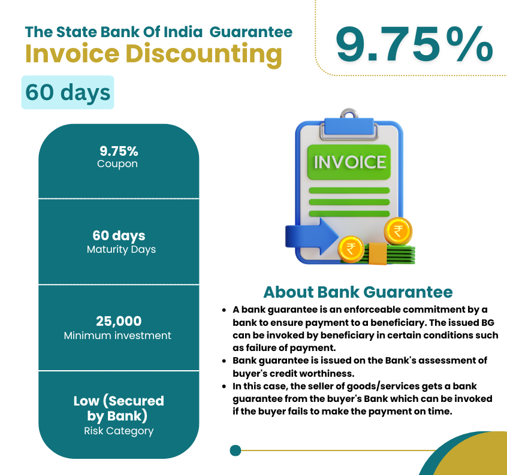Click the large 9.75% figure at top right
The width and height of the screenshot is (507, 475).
(x=414, y=44)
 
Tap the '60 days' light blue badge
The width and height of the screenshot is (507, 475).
(x=68, y=92)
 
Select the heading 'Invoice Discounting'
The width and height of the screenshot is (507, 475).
(x=153, y=54)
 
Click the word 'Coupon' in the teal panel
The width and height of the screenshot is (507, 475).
(x=117, y=164)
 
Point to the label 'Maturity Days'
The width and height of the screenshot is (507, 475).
(x=121, y=249)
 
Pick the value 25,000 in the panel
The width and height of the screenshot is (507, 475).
(x=119, y=321)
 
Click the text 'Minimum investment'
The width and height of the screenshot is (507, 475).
(x=117, y=335)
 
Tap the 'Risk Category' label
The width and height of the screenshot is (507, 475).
(x=119, y=431)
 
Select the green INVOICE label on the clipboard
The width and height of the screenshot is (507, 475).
(x=349, y=162)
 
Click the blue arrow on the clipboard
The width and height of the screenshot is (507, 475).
(x=312, y=237)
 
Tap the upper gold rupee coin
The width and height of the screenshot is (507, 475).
(x=398, y=231)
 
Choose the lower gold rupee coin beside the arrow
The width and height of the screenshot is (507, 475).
(x=351, y=249)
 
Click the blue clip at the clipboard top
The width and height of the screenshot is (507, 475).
(x=349, y=126)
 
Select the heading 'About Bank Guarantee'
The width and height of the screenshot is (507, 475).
(x=358, y=292)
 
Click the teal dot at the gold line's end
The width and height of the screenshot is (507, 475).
(x=236, y=450)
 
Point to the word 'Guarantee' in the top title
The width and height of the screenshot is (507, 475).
(x=251, y=32)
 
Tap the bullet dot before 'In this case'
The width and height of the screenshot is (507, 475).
(x=224, y=386)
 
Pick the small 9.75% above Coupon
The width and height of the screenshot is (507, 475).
(x=119, y=151)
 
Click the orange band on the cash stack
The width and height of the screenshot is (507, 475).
(x=378, y=254)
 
